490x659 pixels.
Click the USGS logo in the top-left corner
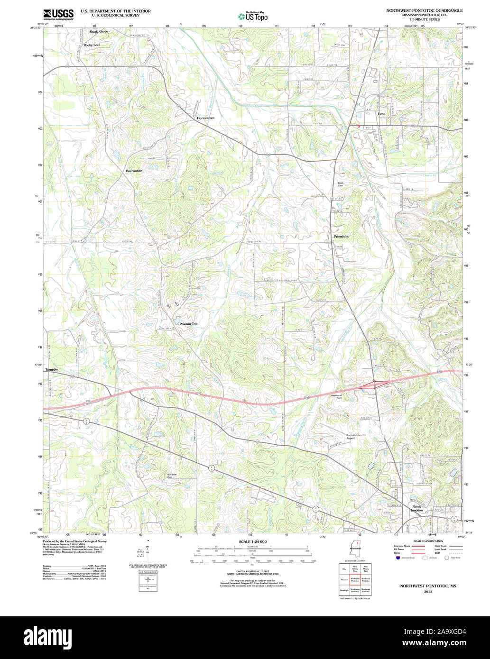(58, 14)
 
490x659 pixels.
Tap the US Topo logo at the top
(252, 16)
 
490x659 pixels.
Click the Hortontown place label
(206, 118)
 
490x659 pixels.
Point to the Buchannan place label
(134, 171)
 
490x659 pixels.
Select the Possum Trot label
(188, 324)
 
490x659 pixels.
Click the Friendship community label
(342, 236)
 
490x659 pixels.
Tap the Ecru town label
(381, 114)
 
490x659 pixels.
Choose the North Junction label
(416, 509)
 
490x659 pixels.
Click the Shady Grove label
(98, 31)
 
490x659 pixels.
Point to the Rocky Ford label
(92, 45)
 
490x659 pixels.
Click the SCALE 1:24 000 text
(252, 541)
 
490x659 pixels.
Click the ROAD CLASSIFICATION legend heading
(428, 541)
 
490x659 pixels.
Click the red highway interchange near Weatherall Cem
(374, 384)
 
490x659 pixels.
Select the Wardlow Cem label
(172, 476)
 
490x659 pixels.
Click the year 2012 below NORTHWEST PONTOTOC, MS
(428, 592)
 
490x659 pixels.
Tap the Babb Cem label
(340, 184)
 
